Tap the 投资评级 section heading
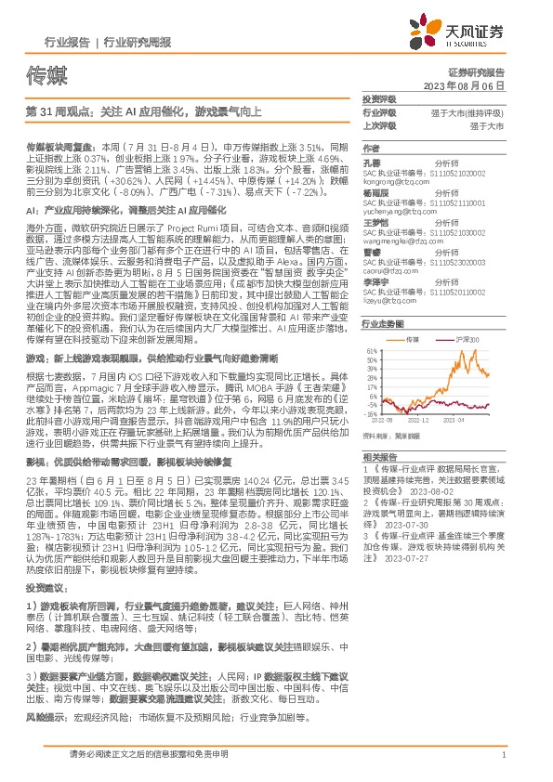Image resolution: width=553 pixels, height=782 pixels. (378, 99)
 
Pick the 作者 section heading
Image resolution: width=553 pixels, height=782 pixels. (371, 149)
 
